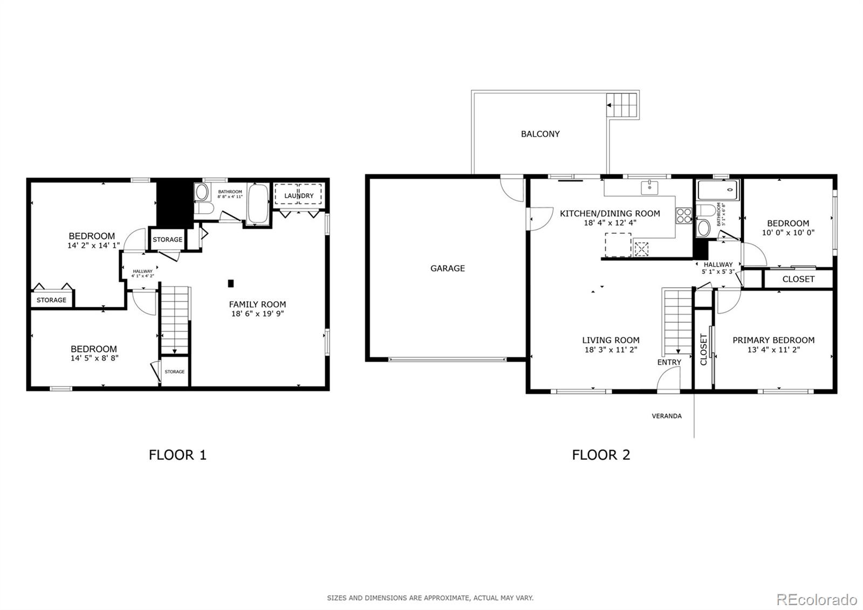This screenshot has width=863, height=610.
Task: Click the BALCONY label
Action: (540, 134)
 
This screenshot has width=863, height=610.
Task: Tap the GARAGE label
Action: (447, 268)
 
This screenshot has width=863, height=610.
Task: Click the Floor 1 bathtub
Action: (258, 203)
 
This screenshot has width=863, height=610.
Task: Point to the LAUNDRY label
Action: (299, 195)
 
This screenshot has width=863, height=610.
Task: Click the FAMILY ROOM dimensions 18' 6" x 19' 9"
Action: (257, 313)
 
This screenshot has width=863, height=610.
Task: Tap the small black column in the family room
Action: (231, 283)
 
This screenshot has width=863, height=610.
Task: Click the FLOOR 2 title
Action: (601, 455)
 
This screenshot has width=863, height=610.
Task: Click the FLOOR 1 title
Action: (177, 455)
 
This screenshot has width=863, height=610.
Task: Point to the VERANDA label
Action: (667, 416)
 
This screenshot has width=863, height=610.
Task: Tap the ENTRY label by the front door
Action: (669, 362)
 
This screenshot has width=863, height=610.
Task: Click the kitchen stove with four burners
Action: (683, 215)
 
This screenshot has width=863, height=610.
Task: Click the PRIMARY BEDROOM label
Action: (773, 340)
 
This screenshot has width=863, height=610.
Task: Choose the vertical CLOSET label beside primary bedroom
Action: (703, 349)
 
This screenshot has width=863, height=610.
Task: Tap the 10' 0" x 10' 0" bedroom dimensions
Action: (787, 233)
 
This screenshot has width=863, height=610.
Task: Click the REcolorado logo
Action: (816, 599)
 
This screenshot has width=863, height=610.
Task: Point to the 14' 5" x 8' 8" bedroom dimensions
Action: (94, 357)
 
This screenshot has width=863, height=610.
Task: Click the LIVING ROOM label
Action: (611, 340)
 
